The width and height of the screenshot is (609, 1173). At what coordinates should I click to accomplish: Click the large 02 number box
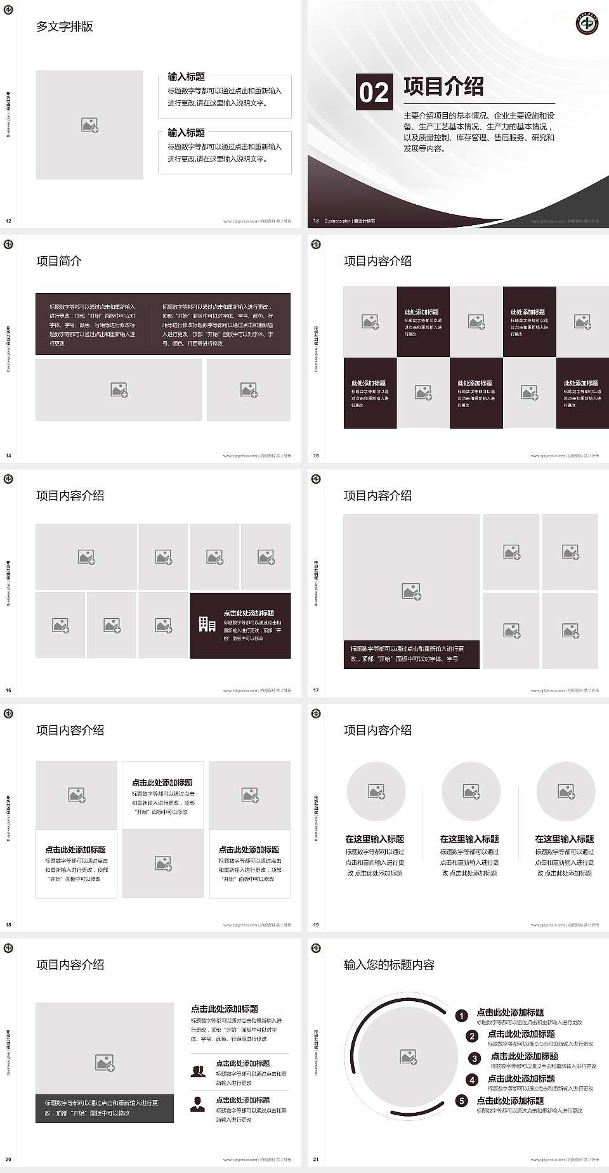(374, 93)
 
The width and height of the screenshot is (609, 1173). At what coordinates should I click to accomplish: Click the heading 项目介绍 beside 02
(443, 87)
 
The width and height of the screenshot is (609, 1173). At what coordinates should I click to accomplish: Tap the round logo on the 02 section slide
(587, 23)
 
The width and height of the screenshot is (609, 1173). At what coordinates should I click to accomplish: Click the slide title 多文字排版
(65, 27)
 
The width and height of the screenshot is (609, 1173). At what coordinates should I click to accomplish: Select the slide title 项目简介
(59, 261)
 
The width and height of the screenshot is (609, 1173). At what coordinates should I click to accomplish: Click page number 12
(8, 221)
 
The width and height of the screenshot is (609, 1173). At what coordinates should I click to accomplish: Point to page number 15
(316, 456)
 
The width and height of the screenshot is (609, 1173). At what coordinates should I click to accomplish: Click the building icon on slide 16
(207, 625)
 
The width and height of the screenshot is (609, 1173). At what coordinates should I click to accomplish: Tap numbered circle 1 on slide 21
(462, 1016)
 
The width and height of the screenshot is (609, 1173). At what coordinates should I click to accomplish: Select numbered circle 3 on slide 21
(475, 1058)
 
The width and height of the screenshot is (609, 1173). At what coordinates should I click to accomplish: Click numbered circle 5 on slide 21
(462, 1101)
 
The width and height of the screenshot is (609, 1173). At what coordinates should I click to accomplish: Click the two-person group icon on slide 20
(198, 1071)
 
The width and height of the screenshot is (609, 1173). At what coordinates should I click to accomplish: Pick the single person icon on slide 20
(198, 1104)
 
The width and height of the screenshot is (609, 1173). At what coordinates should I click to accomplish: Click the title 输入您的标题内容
(389, 965)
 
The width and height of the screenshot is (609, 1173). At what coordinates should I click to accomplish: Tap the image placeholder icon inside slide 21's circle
(409, 1056)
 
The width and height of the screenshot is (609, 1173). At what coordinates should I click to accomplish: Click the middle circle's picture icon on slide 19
(471, 791)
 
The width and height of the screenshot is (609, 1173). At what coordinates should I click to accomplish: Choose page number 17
(316, 690)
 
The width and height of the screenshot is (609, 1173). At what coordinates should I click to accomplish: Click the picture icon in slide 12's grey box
(89, 126)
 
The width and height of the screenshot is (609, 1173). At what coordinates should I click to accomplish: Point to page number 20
(8, 1160)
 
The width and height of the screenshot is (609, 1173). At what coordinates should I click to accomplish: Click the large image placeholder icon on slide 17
(412, 592)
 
